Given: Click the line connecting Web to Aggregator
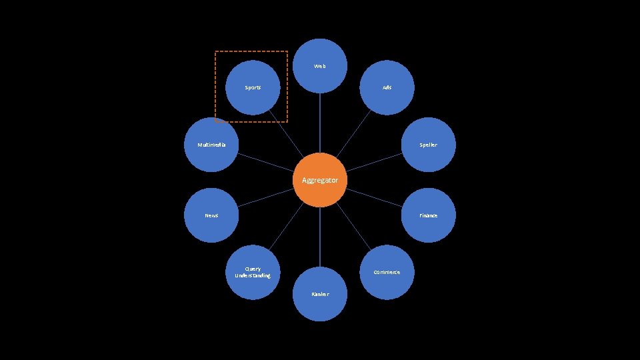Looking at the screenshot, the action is (x=320, y=123).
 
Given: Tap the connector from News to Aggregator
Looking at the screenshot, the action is (x=267, y=197).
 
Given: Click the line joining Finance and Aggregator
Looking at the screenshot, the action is (x=373, y=197).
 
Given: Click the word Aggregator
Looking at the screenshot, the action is (x=320, y=181).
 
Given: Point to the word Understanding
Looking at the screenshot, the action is (x=253, y=275).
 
